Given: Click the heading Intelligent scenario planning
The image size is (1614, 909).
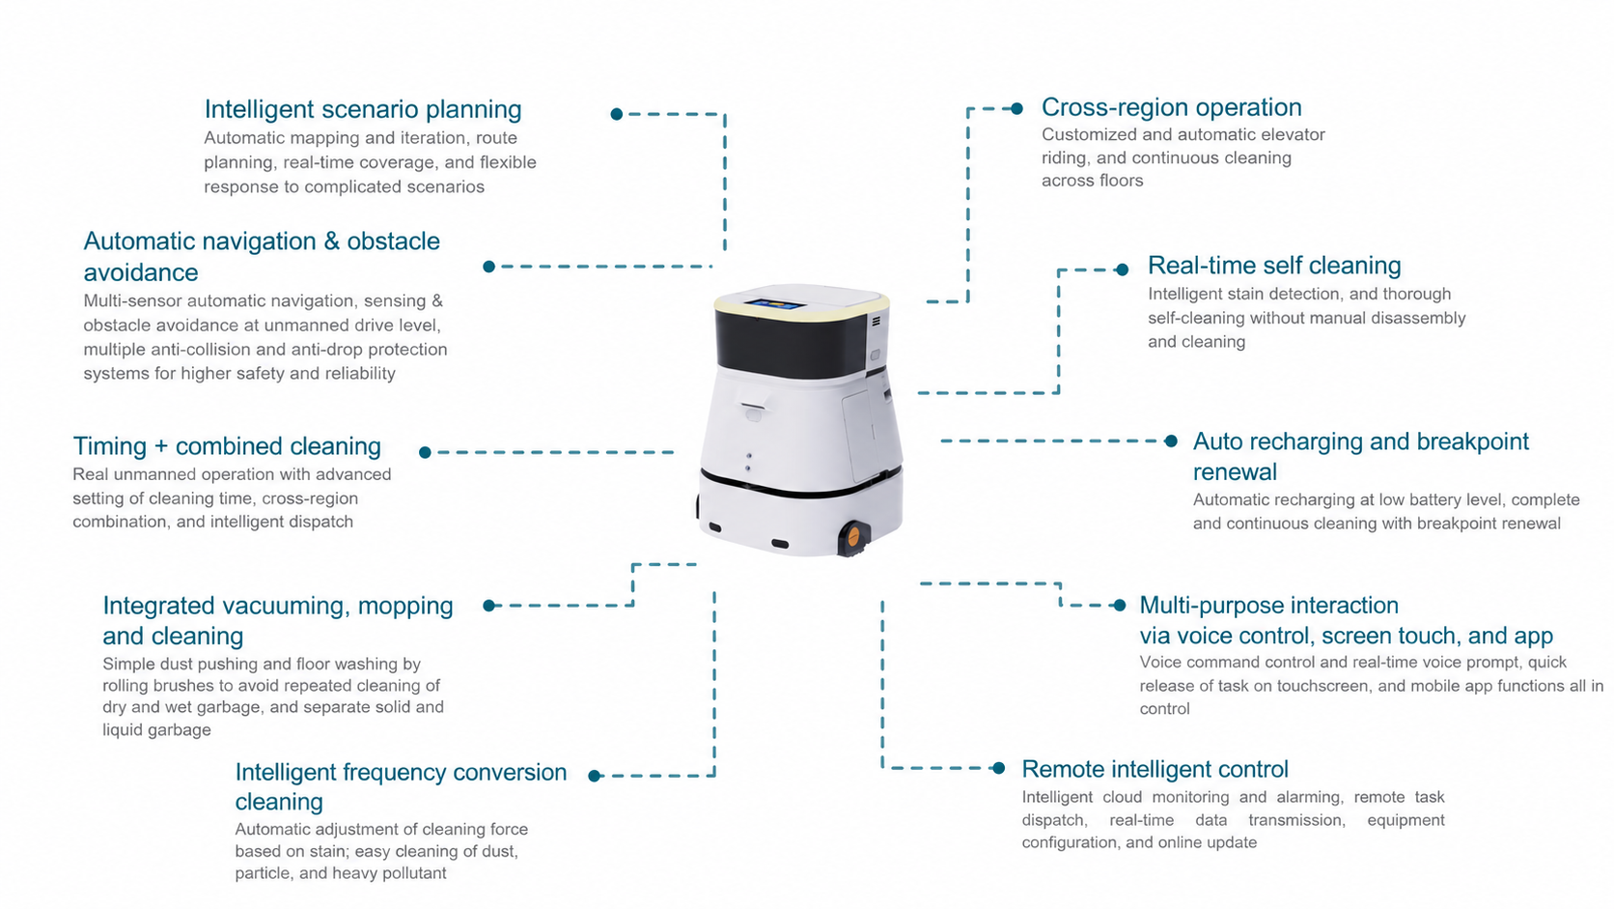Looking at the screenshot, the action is coord(362,109).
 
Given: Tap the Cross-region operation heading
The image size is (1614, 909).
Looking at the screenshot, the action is coord(1172,107).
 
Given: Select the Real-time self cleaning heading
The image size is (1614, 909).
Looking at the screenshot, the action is coord(1274,266).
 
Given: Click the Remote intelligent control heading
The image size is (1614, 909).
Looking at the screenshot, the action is coord(1155,769).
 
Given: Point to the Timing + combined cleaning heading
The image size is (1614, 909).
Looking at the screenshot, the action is coord(227,446).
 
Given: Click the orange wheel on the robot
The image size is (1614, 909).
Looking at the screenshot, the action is coord(853,536).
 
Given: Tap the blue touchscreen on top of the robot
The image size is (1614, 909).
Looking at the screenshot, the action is coord(775,304).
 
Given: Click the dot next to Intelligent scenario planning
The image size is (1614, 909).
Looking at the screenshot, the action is coord(616,114).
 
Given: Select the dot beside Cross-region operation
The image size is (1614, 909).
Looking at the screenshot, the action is coord(1016,109).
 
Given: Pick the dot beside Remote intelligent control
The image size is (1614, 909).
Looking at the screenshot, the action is coord(999,768).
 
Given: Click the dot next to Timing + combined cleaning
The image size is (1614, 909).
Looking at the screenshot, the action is coord(425,453).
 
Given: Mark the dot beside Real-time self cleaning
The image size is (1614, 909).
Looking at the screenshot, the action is coord(1122,270).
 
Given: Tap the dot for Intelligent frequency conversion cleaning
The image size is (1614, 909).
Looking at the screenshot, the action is coord(595,776).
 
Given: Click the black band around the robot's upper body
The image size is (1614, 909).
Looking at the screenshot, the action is coord(791,345).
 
